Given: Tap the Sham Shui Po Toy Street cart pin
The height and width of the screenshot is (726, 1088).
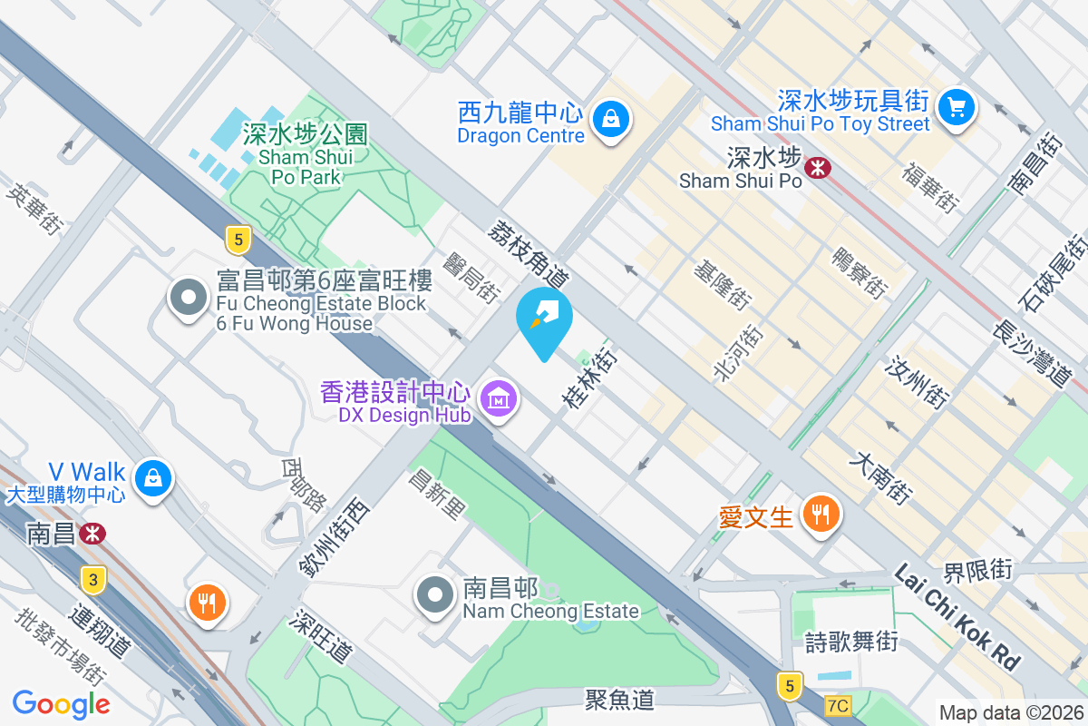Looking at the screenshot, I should point(956,108).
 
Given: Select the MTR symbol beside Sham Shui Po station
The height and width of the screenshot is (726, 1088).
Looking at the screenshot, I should point(819,167).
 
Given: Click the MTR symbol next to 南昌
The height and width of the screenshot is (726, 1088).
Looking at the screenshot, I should point(92,533).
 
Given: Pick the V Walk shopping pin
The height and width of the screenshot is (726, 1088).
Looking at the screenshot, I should point(153,476).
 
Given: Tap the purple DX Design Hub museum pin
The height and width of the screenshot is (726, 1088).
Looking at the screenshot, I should point(499,397).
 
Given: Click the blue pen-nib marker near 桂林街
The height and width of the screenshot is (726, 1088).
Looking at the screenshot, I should point(544,319).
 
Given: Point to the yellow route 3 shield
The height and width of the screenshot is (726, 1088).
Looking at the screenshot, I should point(92,578).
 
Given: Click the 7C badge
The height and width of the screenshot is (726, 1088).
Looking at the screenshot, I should point(839,705).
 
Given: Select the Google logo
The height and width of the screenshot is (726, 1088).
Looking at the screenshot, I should point(62,703).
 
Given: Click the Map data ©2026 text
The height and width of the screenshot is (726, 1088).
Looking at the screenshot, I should point(1010,712).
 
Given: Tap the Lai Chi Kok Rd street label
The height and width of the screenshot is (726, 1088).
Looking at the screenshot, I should point(957,616).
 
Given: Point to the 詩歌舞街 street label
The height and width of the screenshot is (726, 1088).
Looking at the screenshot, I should point(851,642).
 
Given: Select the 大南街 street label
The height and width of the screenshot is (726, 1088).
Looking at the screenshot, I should point(879,480).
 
